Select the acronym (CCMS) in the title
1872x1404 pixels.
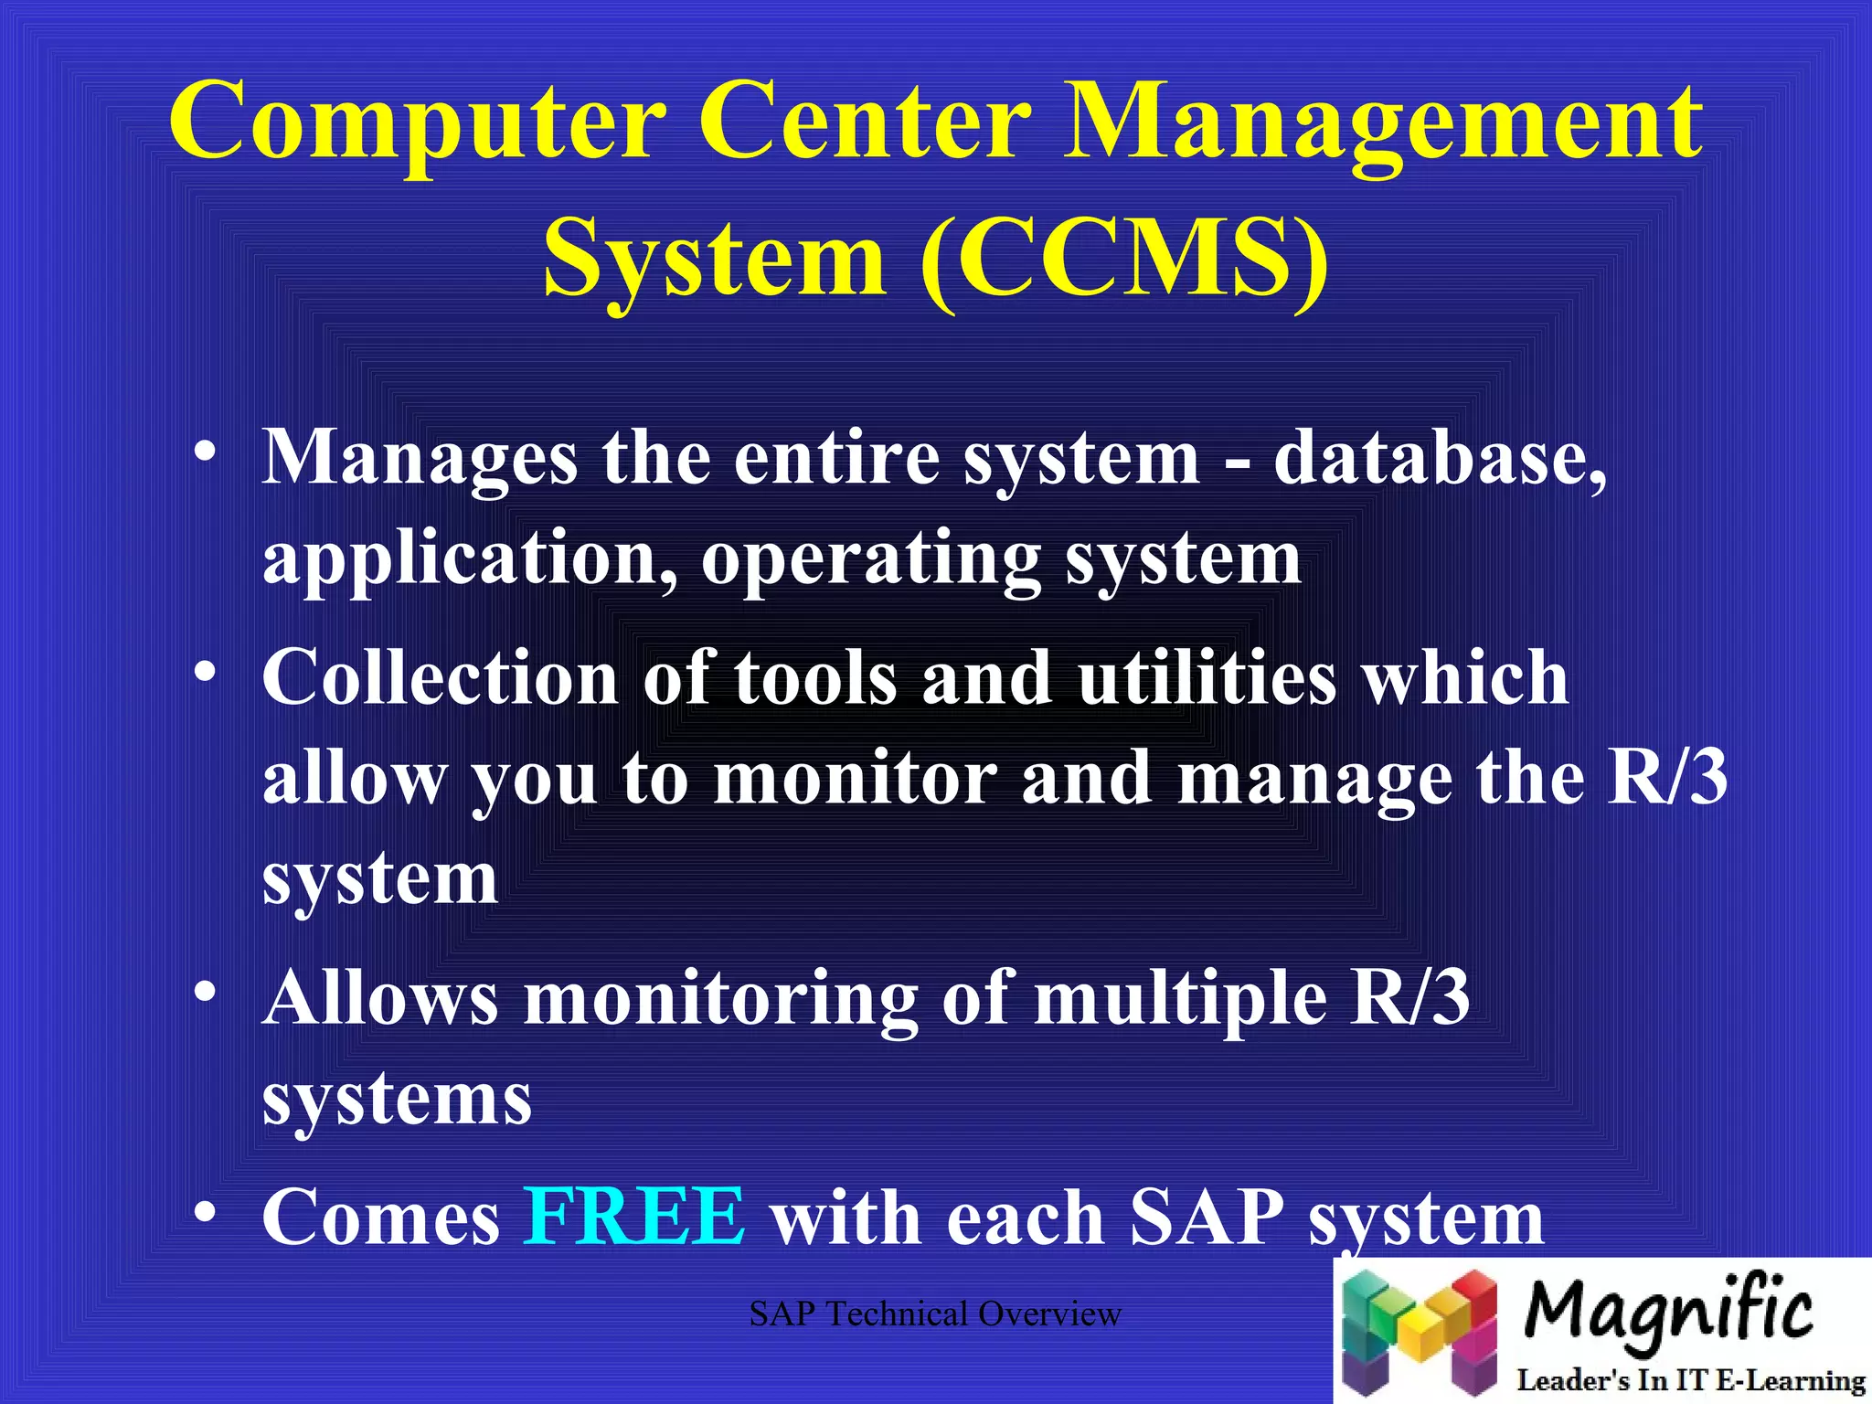tap(1124, 259)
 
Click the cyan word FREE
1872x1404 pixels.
tap(634, 1217)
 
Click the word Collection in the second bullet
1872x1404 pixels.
tap(441, 677)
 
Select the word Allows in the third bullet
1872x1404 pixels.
tap(380, 997)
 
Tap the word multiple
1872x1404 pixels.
tap(1181, 999)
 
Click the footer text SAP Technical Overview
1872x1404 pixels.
tap(935, 1314)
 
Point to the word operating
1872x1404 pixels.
tap(871, 559)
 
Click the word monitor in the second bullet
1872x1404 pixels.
tap(856, 778)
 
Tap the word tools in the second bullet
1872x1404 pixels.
tap(816, 677)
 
